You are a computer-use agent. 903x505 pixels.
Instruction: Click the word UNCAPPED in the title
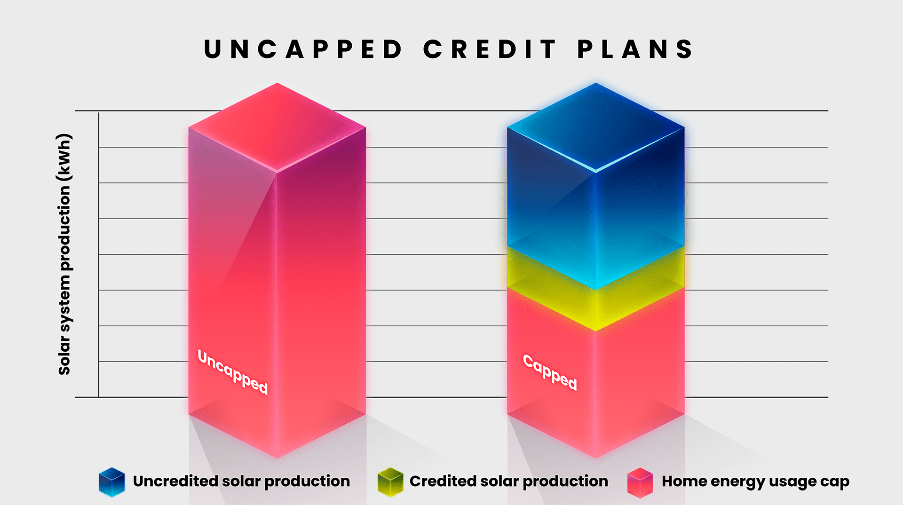tap(303, 49)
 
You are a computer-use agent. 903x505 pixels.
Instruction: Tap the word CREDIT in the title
tap(490, 49)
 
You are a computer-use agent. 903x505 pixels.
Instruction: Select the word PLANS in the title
tap(635, 49)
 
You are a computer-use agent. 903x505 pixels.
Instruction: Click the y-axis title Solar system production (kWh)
tap(64, 254)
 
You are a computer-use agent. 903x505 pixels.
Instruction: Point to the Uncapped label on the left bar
tap(232, 372)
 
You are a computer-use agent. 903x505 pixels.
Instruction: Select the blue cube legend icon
tap(112, 482)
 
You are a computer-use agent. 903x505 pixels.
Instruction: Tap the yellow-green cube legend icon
tap(390, 482)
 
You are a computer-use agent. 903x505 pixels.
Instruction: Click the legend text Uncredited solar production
tap(241, 481)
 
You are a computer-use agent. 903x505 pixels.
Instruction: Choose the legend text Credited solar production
tap(508, 481)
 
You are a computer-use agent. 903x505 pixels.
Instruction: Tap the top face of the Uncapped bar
tap(277, 127)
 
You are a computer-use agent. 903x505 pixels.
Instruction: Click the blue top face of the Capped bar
tap(595, 127)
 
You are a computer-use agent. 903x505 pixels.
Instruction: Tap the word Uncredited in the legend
tap(175, 481)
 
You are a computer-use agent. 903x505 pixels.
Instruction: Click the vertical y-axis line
tap(98, 254)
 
